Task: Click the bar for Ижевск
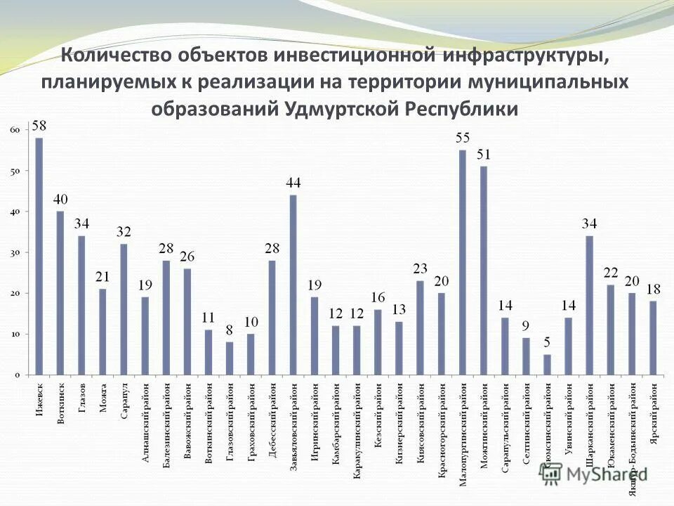39,257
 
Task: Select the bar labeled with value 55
463,262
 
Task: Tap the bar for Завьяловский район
293,285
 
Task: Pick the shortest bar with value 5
548,365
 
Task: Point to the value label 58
39,126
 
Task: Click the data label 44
293,183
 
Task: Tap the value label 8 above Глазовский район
230,330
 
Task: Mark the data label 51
484,155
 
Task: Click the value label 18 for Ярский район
653,289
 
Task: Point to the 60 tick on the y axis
15,130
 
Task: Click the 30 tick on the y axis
15,252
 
